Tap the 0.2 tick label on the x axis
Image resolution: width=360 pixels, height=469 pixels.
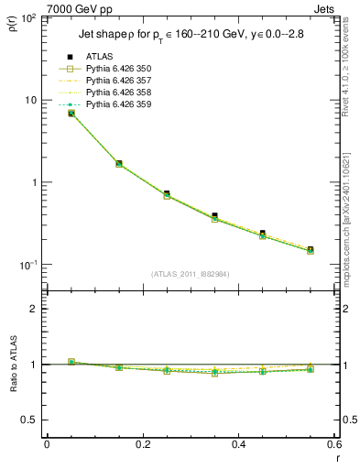(143, 445)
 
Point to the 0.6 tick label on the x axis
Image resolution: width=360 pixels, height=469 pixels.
(334, 445)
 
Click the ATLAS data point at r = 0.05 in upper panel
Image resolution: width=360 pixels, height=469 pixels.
(71, 113)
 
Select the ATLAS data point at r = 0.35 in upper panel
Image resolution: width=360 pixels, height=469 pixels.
(214, 216)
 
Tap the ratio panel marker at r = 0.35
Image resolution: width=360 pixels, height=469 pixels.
(214, 373)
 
